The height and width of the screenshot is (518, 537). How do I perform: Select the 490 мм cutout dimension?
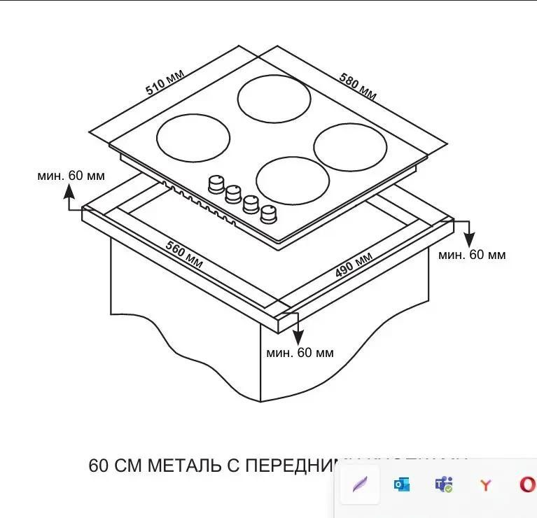354,263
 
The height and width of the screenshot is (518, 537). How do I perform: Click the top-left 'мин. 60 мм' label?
71,175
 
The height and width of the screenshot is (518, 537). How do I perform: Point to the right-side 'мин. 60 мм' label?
472,255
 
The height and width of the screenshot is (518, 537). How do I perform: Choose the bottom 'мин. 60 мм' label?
300,352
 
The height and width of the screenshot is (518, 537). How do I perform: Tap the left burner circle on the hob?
193,137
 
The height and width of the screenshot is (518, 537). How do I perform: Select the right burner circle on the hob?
350,147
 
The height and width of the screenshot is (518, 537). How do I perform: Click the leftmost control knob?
215,183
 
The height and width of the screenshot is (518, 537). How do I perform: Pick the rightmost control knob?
268,213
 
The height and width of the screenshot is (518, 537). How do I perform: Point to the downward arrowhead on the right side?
468,239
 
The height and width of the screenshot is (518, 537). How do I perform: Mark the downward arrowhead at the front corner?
297,335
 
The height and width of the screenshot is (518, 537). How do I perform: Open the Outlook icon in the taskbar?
402,484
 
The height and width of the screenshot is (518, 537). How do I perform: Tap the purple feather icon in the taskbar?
360,484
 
